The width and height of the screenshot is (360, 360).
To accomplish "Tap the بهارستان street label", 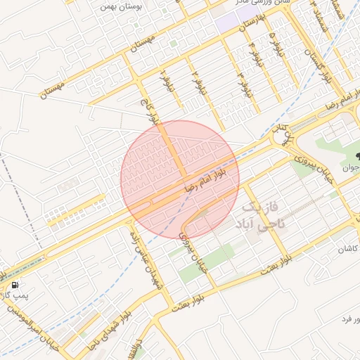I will pos(250,24).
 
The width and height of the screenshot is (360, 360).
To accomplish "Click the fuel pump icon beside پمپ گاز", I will pos(15,285).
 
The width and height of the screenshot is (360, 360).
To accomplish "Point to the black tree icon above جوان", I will pos(357,156).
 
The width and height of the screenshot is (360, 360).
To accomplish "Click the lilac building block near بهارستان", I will pos(229,19).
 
